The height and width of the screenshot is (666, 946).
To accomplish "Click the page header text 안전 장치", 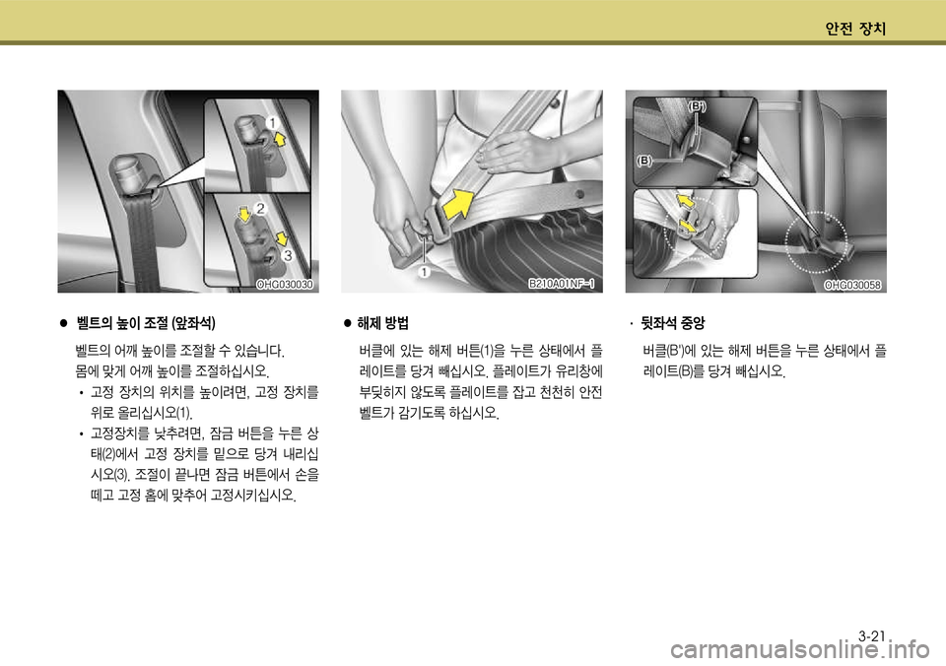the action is point(855,29).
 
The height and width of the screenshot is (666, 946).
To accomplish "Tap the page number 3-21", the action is point(872,635).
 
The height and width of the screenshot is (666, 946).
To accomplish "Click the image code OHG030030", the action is point(285,285).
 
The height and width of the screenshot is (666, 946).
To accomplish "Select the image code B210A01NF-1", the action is point(562,284).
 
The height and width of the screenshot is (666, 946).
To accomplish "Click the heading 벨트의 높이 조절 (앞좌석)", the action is point(146,323).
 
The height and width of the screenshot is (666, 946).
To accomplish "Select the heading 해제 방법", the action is point(383,323).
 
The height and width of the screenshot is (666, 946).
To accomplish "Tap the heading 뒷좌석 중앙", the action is point(673,323).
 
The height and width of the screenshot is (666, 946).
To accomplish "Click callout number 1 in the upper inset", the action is point(272,123).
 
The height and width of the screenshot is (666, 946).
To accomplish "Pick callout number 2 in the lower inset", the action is point(260,209).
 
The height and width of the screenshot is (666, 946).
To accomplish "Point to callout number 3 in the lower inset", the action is point(287,256).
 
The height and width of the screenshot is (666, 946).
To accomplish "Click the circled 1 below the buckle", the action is point(425,272).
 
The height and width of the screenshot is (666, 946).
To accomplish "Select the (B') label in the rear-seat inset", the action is point(698,106).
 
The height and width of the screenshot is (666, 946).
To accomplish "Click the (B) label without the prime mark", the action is point(644,161).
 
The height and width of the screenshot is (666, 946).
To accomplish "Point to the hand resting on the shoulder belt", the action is point(508,150).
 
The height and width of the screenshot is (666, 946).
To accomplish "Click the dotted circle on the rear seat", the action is point(816,242).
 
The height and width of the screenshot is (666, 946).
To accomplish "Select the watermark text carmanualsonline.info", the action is point(799,651).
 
